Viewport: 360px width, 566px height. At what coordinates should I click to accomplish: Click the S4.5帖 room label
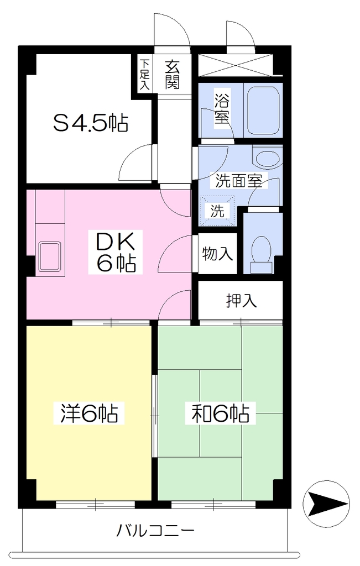pos(91,123)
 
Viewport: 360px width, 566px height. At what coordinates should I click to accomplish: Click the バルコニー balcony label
pos(155,531)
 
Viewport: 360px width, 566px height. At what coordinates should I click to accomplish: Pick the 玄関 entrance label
pos(172,75)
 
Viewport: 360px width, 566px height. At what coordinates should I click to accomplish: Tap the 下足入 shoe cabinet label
pos(144,74)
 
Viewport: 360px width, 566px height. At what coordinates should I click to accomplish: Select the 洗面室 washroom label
pos(239,181)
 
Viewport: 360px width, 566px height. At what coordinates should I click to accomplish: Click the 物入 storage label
pos(217,253)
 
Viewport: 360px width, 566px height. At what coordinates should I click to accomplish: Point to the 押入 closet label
pos(241,300)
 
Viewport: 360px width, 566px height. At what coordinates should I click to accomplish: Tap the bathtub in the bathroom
pos(263,110)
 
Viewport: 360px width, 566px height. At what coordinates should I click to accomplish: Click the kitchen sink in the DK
pos(49,256)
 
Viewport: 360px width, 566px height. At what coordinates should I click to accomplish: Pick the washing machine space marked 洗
pos(218,211)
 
